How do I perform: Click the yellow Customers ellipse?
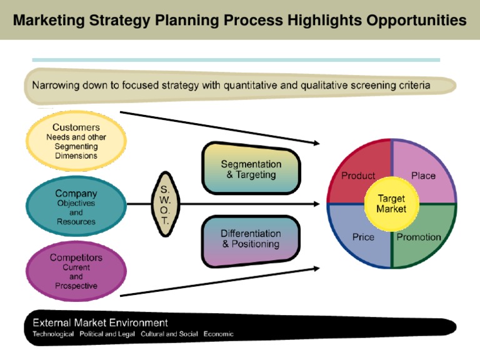pyautogui.click(x=76, y=141)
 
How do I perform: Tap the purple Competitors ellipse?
pyautogui.click(x=76, y=271)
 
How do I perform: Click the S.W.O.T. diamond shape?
pyautogui.click(x=165, y=204)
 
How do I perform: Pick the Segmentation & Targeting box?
pyautogui.click(x=251, y=168)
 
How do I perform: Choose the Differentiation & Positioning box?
pyautogui.click(x=251, y=241)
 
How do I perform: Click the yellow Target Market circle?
pyautogui.click(x=391, y=204)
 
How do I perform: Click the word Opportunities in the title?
pyautogui.click(x=416, y=21)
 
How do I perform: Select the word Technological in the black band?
pyautogui.click(x=53, y=334)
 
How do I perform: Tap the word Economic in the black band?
pyautogui.click(x=219, y=334)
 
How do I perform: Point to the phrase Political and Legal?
pyautogui.click(x=107, y=334)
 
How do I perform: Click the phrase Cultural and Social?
pyautogui.click(x=169, y=334)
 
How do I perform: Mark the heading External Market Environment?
pyautogui.click(x=100, y=322)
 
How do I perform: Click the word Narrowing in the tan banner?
pyautogui.click(x=56, y=85)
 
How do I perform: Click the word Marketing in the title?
pyautogui.click(x=49, y=21)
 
